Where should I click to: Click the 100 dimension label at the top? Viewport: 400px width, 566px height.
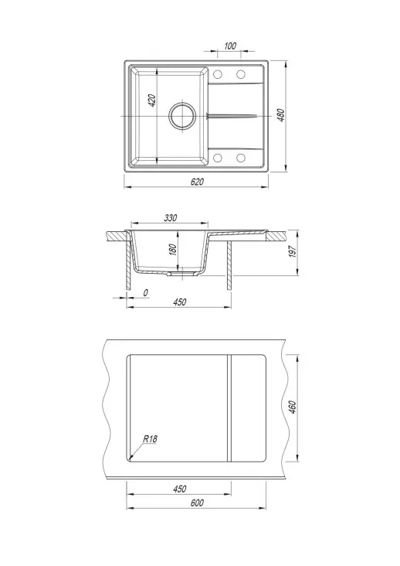pos(230,46)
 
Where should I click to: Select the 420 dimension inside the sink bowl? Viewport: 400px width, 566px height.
pos(152,101)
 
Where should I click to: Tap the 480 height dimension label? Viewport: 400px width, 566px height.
pos(281,115)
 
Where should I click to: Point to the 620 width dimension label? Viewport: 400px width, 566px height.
pos(197,182)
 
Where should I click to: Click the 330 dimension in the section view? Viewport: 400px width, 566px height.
pos(171,218)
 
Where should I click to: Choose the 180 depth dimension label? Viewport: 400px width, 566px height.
pos(173,250)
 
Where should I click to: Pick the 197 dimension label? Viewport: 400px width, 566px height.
pos(293,251)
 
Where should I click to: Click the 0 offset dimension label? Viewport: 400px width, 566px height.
pos(145,293)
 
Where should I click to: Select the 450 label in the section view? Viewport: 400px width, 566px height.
pos(179,302)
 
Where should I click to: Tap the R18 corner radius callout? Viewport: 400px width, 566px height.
pos(150,439)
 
